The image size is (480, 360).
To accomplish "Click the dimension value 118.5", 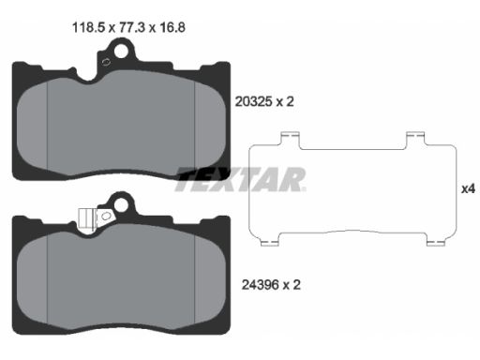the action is pyautogui.click(x=88, y=27).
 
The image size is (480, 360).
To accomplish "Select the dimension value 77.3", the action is pyautogui.click(x=132, y=27).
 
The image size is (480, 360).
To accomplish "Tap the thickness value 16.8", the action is pyautogui.click(x=172, y=27).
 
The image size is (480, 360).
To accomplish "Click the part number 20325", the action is pyautogui.click(x=253, y=101).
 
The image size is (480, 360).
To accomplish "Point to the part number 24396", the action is pyautogui.click(x=260, y=285).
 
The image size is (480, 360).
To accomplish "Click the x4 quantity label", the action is pyautogui.click(x=468, y=188).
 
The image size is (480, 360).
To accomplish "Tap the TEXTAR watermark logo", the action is pyautogui.click(x=241, y=179).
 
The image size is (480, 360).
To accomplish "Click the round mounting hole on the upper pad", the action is pyautogui.click(x=121, y=52).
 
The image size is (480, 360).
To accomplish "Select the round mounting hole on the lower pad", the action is pyautogui.click(x=121, y=205).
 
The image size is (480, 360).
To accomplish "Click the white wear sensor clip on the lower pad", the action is pyautogui.click(x=86, y=220).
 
